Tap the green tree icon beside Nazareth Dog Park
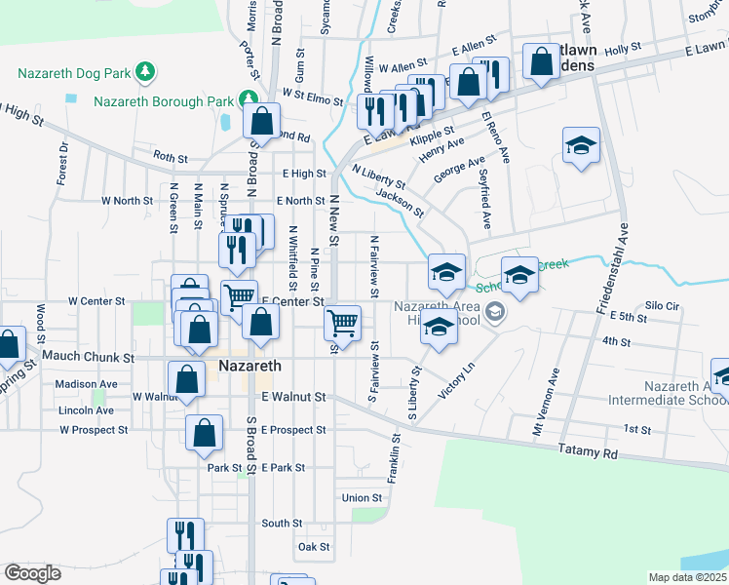pos(146,71)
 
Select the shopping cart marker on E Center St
pos(342,322)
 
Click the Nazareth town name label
pos(249,366)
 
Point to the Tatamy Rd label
pos(589,450)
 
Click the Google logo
pos(32,573)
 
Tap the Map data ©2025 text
pos(688,577)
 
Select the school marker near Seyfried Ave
pos(581,146)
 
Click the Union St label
pos(363,498)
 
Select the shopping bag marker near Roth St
pos(261,123)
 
